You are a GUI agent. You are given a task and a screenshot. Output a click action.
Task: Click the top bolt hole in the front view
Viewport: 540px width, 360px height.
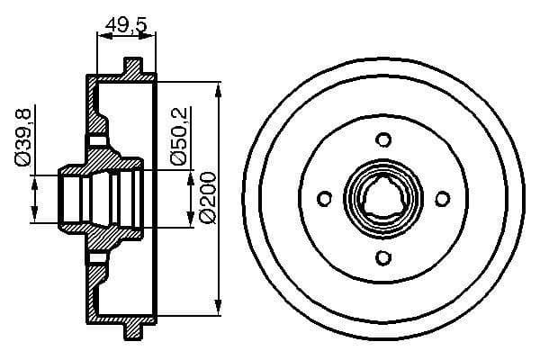[383, 139]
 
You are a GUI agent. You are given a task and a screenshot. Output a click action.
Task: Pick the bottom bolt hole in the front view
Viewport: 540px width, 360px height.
[383, 259]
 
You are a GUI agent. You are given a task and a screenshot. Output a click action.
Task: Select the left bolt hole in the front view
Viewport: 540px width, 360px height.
[324, 200]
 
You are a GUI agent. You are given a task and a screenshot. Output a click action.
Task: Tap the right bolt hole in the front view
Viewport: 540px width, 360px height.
[443, 200]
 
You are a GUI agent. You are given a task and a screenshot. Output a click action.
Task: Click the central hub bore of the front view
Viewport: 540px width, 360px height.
[383, 200]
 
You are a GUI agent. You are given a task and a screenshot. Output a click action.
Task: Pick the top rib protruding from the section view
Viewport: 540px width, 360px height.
[133, 67]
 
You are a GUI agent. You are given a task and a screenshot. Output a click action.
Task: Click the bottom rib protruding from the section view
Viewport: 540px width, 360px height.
[133, 332]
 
